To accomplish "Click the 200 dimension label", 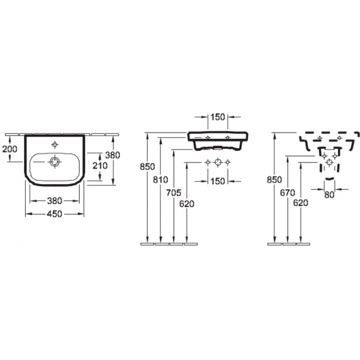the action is coord(10,149).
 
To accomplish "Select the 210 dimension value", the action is coord(100,166).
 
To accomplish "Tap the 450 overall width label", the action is coord(55,214).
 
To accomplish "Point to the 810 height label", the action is coord(160,180).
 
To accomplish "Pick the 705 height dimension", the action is coord(174,193).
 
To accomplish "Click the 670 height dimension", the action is coord(287,193).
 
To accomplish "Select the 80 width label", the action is coord(329,195).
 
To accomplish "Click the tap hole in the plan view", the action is coord(55,145).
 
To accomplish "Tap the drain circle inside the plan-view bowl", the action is coord(55,162).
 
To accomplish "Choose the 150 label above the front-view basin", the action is coord(218,117).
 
